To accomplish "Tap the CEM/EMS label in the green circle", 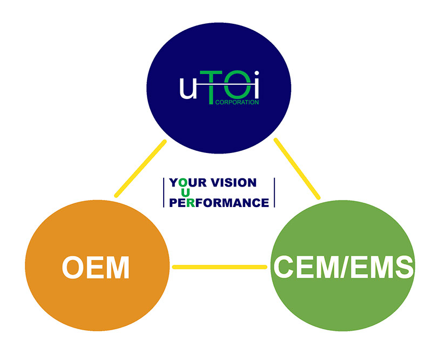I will (344, 267).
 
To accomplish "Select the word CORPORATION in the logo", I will (237, 101).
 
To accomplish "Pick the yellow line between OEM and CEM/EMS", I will (220, 267).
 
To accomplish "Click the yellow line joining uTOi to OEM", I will (140, 168).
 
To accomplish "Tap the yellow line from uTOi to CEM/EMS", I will (298, 168).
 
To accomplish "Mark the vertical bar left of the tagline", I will (164, 193).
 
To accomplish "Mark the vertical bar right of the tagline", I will (274, 193).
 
